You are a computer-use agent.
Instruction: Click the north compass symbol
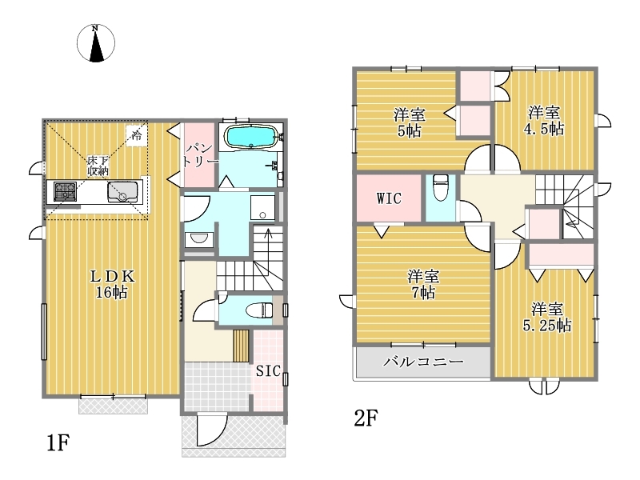point(96,43)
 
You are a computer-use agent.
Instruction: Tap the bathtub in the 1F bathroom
point(252,136)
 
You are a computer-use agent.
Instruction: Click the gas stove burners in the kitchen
point(66,191)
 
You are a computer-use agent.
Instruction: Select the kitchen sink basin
point(122,191)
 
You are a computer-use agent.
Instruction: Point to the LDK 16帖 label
point(112,284)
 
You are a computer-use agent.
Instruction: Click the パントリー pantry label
point(200,154)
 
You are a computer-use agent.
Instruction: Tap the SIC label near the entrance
point(268,370)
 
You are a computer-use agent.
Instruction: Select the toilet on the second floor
point(441,187)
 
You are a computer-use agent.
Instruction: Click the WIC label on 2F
point(389,198)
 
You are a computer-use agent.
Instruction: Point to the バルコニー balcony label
point(423,362)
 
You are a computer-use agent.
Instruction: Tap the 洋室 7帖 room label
point(423,285)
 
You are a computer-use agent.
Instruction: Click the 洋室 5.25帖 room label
point(547,317)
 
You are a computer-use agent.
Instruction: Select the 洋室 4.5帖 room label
point(544,121)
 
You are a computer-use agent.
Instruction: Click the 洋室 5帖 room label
point(410,122)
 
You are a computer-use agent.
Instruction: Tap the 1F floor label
point(58,442)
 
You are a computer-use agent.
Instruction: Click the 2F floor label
point(366,418)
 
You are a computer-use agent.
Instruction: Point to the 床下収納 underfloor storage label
point(98,166)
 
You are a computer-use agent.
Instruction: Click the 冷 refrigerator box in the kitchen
point(136,134)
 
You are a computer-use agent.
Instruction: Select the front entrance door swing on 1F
point(211,430)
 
